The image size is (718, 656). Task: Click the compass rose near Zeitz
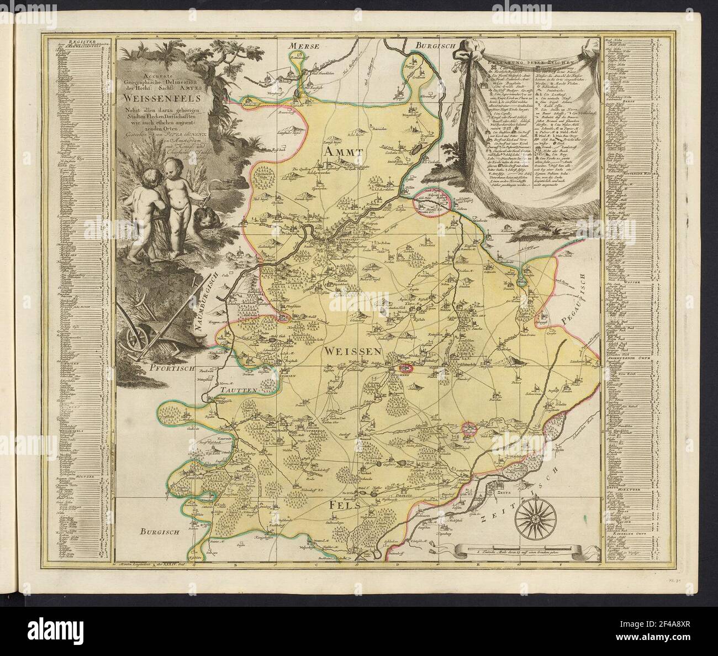click(534, 519)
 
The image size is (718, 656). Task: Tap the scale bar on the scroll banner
click(520, 550)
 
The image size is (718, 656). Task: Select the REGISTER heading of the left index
click(80, 40)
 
